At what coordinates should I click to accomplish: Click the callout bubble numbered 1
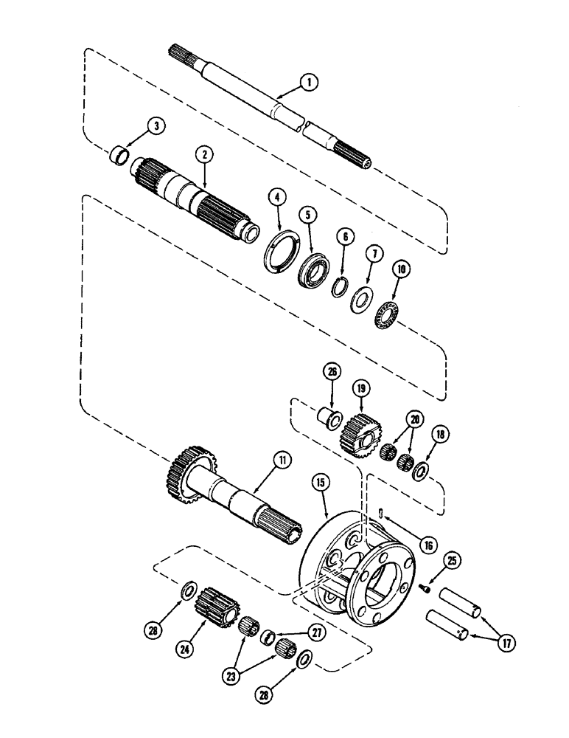coord(310,84)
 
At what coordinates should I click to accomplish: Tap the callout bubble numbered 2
coord(204,154)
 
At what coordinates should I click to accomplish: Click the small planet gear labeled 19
coord(360,435)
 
